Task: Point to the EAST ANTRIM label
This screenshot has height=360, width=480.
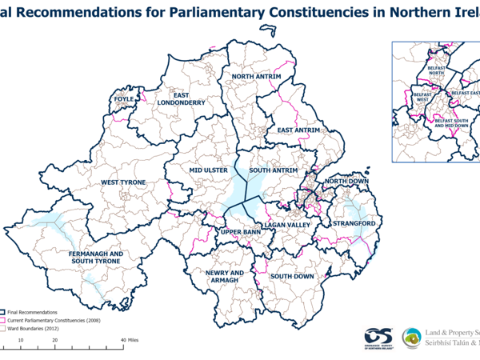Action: (298, 130)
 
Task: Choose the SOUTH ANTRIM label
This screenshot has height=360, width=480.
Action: (273, 171)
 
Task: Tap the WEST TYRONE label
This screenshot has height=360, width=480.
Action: (122, 183)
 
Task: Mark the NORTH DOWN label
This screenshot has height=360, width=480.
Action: (346, 182)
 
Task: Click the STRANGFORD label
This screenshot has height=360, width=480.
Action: (354, 224)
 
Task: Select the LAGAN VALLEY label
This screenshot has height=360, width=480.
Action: (286, 226)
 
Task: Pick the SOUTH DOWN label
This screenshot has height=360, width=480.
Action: (291, 277)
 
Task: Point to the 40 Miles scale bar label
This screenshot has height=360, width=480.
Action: (130, 340)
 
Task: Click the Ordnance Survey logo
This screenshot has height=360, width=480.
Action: (378, 338)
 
